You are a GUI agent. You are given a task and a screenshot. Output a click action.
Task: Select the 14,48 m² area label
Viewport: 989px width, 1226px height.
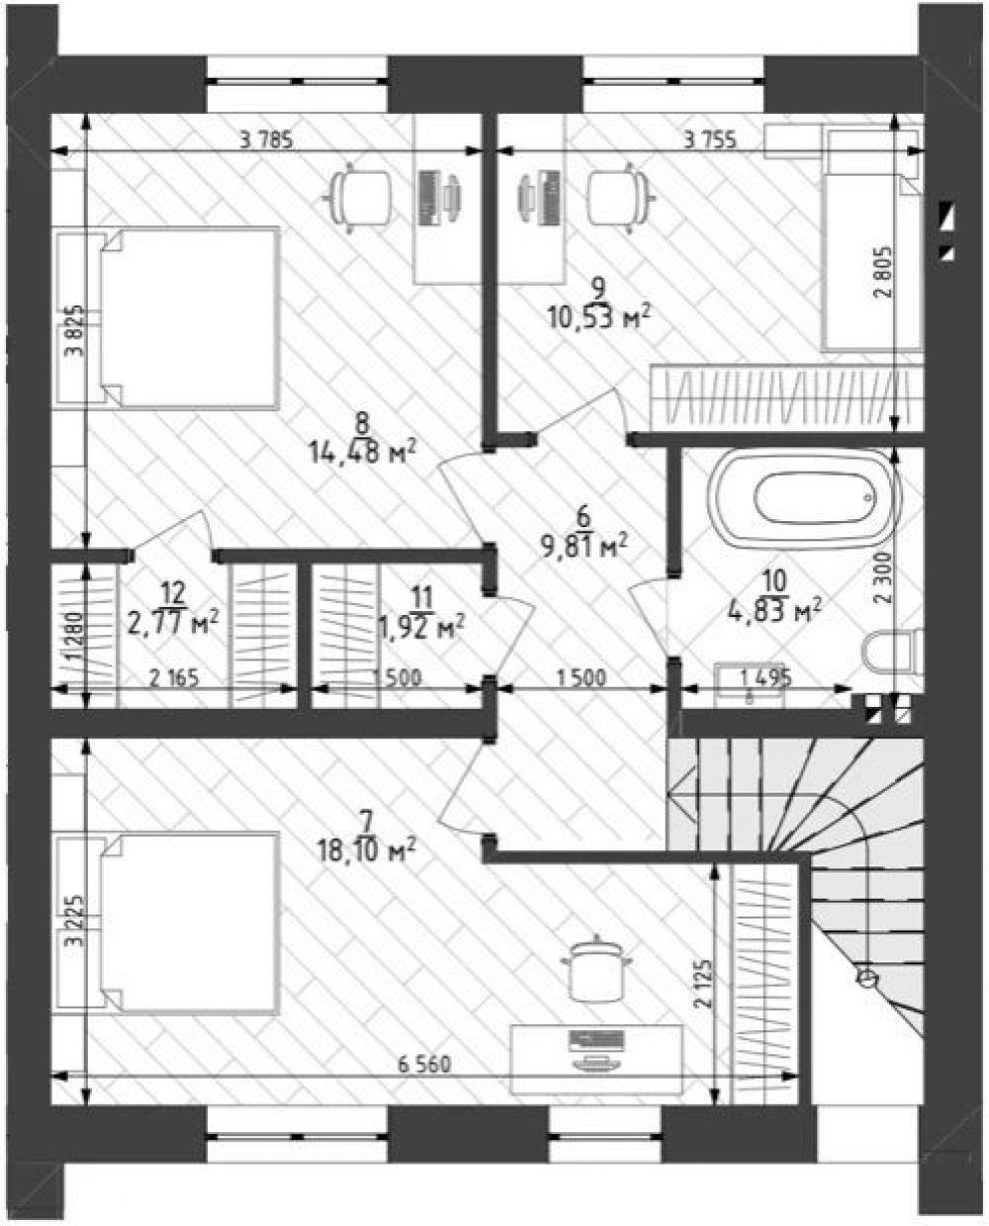click(363, 453)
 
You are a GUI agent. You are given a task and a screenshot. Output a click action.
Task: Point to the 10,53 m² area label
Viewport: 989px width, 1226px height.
click(599, 317)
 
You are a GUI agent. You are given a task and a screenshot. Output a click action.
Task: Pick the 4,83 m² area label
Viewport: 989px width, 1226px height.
click(775, 611)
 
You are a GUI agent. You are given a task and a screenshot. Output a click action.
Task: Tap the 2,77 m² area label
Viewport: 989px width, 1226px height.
click(173, 624)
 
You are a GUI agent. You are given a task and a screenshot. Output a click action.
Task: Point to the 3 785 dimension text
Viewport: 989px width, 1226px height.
click(266, 140)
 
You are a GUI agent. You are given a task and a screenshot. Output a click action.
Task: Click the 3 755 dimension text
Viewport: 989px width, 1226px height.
click(710, 140)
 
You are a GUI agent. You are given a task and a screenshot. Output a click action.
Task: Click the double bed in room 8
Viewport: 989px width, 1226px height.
click(169, 318)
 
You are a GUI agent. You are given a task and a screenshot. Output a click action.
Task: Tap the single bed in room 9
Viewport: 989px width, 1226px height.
click(870, 238)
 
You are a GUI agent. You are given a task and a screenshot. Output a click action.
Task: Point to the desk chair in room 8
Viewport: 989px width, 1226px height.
click(357, 197)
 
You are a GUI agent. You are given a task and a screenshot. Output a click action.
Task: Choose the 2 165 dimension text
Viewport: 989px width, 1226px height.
click(174, 679)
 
